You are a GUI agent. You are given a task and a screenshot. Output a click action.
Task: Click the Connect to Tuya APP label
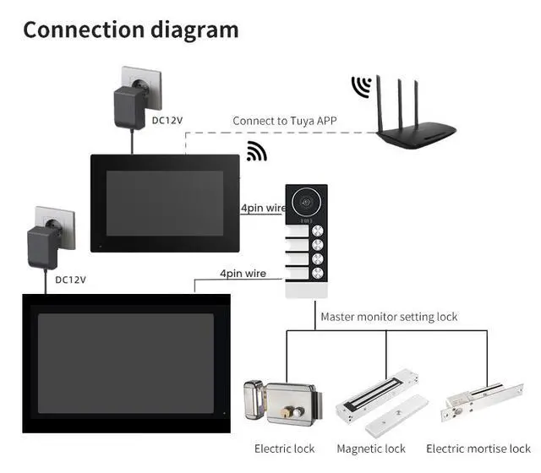[x=285, y=121]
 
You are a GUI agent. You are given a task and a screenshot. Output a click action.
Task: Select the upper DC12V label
[x=167, y=120]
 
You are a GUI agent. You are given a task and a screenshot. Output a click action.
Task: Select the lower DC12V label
[x=70, y=279]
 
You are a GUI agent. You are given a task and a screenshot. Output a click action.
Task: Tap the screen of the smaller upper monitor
[x=165, y=203]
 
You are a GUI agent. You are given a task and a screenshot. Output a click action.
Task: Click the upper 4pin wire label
[x=262, y=209]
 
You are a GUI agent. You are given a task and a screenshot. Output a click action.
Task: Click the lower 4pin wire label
[x=243, y=274]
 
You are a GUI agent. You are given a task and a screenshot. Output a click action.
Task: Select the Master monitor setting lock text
[x=389, y=317]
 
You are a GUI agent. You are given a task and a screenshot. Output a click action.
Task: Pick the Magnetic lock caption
[x=371, y=449]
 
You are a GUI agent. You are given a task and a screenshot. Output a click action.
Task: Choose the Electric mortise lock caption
[x=478, y=449]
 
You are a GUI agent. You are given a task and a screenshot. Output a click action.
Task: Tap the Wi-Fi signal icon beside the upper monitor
[x=256, y=152]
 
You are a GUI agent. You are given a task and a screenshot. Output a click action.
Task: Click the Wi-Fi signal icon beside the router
[x=362, y=87]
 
